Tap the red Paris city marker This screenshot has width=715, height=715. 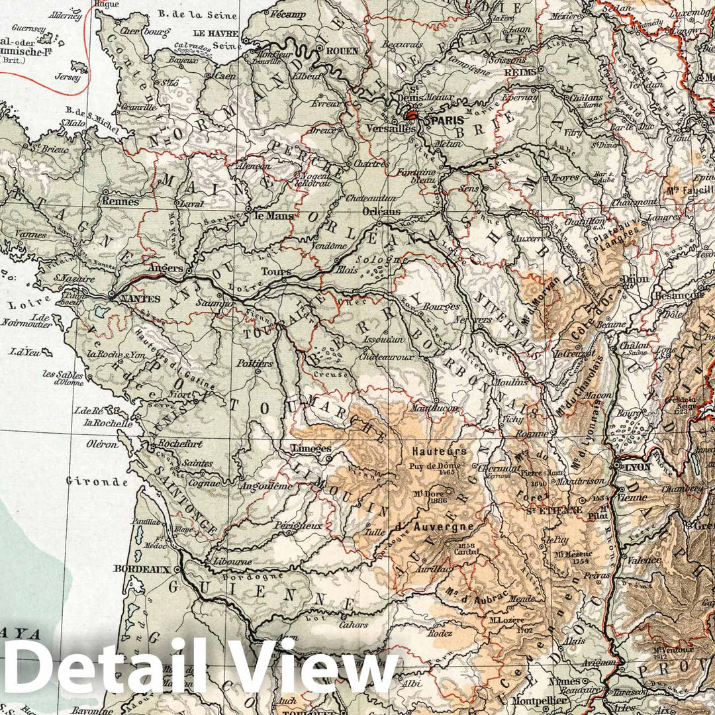(412, 115)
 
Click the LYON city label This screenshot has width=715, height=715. (638, 466)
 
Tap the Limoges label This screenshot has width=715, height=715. (310, 448)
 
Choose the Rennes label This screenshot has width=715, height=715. (120, 201)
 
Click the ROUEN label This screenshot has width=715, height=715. (342, 50)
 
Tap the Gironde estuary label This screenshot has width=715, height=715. (97, 481)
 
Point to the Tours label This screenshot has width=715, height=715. (276, 271)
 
